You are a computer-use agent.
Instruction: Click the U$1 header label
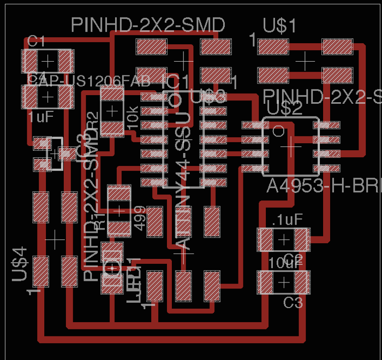pyautogui.click(x=280, y=25)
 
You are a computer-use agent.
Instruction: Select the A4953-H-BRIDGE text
pyautogui.click(x=324, y=187)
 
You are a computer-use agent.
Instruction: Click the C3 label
pyautogui.click(x=293, y=302)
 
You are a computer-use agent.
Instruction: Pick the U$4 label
pyautogui.click(x=20, y=264)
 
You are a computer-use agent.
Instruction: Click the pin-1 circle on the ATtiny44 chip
pyautogui.click(x=176, y=101)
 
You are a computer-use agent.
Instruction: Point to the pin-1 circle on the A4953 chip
pyautogui.click(x=278, y=131)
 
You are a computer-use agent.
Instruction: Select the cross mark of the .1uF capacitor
pyautogui.click(x=284, y=239)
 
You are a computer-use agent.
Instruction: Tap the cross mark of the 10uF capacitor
pyautogui.click(x=284, y=282)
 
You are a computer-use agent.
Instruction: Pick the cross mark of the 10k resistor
pyautogui.click(x=112, y=111)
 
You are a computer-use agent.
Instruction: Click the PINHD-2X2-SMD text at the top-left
pyautogui.click(x=148, y=25)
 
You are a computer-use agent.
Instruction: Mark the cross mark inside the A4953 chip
pyautogui.click(x=291, y=146)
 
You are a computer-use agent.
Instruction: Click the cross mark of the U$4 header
pyautogui.click(x=55, y=239)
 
